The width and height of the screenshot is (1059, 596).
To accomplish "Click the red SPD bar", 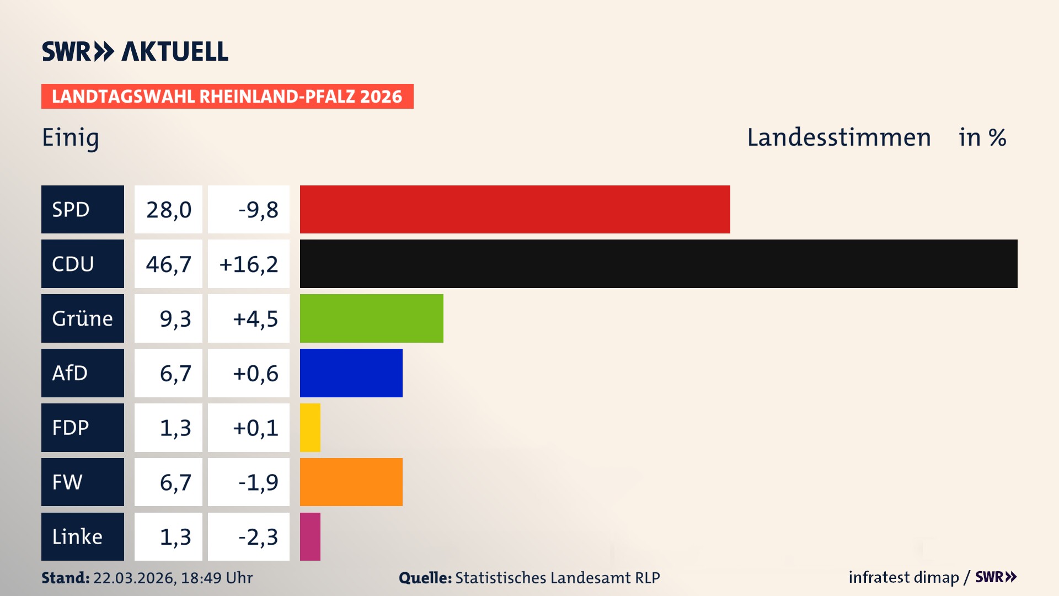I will pos(515,209).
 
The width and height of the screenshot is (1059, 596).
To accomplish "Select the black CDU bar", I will pos(659,264).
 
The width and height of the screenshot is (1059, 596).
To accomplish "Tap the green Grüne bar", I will pos(371,318).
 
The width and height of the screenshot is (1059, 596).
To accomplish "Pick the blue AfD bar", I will pos(351,373).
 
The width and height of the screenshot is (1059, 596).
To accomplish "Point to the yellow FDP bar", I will pos(310,428).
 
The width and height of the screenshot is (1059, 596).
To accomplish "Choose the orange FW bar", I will pos(351,482).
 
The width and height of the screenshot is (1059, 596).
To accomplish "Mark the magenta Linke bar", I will pos(310,536).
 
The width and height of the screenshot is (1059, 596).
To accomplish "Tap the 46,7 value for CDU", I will pos(168,264).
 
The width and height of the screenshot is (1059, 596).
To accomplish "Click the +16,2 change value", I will pos(249,264).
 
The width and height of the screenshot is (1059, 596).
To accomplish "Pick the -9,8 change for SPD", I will pos(258,209).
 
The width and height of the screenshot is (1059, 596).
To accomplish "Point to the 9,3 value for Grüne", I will pos(175,318).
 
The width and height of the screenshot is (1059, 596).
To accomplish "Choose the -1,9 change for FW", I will pos(258,482).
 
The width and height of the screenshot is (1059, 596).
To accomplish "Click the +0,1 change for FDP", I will pos(255,428).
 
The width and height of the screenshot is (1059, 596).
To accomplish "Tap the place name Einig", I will pos(71,138).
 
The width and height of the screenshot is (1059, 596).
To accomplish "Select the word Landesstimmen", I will pos(838,137).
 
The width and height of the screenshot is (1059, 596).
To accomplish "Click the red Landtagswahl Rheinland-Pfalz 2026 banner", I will pos(227,96).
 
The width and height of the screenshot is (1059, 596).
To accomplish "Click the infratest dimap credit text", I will pos(903,577).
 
